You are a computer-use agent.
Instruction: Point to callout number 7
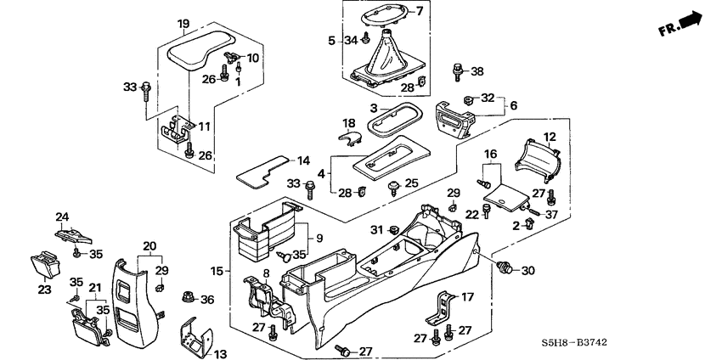point(418,10)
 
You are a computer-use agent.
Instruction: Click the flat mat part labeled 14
point(259,172)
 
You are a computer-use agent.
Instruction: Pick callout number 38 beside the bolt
point(477,70)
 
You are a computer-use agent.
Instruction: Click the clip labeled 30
point(505,269)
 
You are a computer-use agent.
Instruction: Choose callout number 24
point(62,216)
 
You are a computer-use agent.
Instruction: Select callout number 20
point(149,246)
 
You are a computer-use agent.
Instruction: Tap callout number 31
point(376,230)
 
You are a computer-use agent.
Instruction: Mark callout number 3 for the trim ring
point(372,109)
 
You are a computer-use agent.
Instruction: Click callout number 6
point(512,105)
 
